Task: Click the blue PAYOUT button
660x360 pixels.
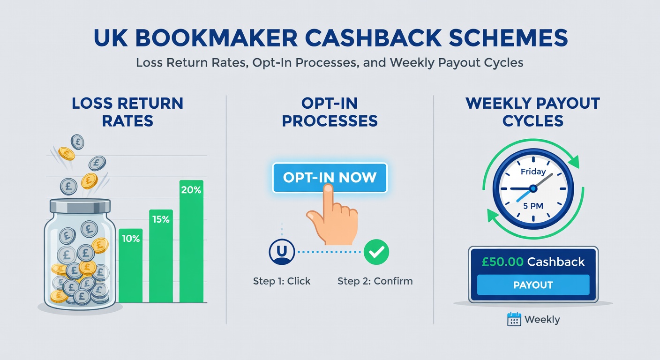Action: click(533, 285)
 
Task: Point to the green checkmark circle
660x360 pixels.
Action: click(376, 252)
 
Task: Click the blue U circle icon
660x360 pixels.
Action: click(282, 252)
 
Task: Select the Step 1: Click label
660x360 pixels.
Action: click(282, 281)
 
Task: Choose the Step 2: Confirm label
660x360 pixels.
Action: click(375, 281)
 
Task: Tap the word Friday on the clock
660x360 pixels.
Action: click(533, 172)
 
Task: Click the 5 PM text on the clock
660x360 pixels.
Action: click(533, 205)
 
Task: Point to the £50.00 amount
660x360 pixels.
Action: click(502, 262)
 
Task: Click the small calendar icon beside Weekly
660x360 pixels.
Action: click(514, 320)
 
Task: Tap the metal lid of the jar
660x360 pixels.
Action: click(80, 205)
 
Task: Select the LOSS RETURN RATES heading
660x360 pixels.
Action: click(127, 112)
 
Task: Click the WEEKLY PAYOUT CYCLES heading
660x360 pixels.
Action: click(533, 112)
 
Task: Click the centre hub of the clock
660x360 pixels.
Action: click(533, 188)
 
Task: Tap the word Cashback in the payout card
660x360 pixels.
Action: click(556, 262)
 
